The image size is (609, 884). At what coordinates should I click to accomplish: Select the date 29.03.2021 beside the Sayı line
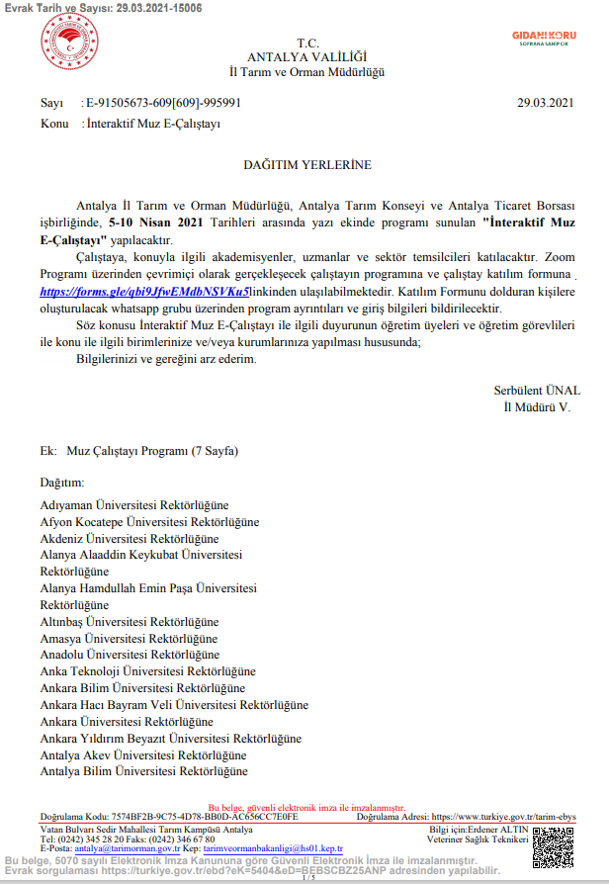(x=545, y=103)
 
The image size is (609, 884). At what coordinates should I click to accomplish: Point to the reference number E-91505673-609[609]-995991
(x=164, y=103)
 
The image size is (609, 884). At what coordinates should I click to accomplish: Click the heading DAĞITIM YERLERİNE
(x=307, y=163)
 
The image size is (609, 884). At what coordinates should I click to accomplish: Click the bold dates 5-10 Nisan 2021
(x=155, y=223)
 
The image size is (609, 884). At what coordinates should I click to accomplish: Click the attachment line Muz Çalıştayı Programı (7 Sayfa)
(x=152, y=452)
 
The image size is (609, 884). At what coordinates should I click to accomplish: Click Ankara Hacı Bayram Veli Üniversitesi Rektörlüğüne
(x=174, y=705)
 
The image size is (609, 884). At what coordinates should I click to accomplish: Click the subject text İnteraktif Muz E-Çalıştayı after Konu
(x=153, y=124)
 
